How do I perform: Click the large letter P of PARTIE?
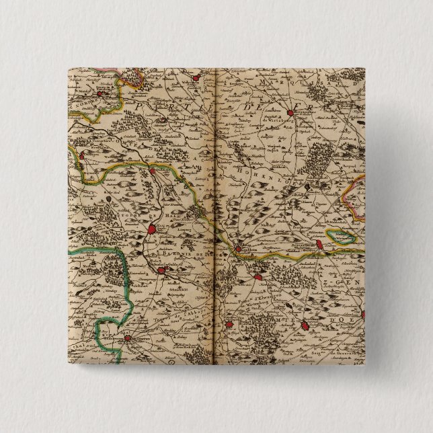[139, 106]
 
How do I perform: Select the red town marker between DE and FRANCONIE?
[290, 114]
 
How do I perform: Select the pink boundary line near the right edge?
[349, 192]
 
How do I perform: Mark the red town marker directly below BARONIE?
[162, 272]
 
